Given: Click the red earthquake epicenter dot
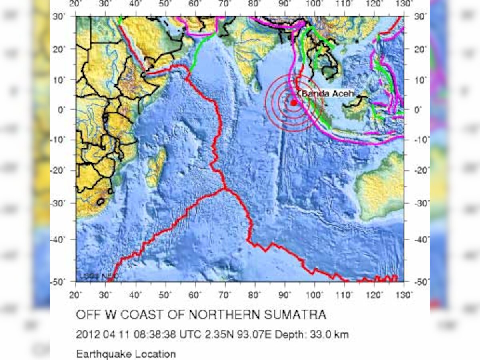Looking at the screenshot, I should point(294,102).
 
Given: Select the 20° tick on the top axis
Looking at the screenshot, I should point(75,4).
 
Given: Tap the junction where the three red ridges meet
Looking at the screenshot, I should point(225,188).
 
